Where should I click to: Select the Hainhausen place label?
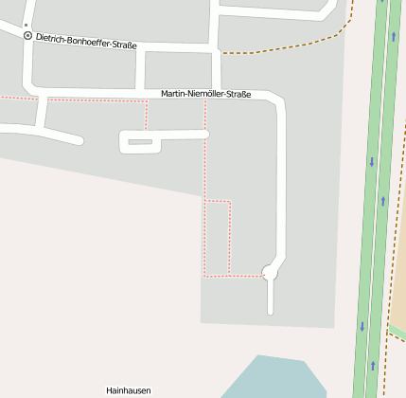click(x=128, y=389)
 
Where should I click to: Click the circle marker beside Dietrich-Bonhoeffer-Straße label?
click(x=27, y=36)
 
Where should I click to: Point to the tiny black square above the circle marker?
click(x=26, y=26)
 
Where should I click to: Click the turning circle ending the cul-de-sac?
click(x=270, y=273)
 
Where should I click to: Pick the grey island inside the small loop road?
click(x=140, y=142)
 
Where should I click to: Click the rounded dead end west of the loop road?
click(x=78, y=140)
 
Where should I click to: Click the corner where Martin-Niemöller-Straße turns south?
click(x=278, y=98)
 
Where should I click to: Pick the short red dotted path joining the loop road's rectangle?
click(x=146, y=114)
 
